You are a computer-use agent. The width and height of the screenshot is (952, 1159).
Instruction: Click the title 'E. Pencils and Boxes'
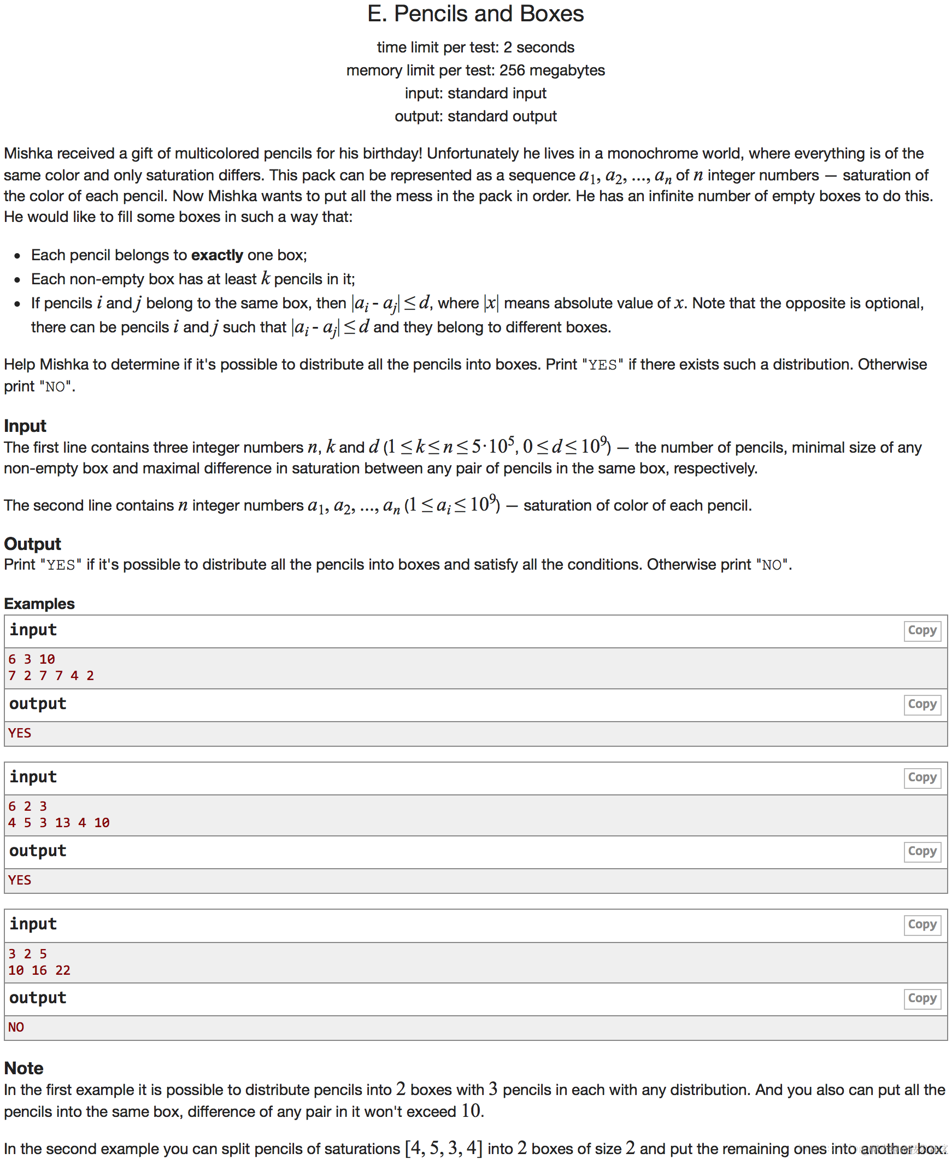pos(475,14)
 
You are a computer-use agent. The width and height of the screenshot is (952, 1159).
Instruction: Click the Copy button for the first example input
pos(922,630)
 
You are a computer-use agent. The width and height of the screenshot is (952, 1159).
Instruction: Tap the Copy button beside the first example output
pos(922,704)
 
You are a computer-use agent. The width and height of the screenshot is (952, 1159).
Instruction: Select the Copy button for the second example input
pos(922,777)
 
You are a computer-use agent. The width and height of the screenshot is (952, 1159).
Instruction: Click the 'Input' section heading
pos(25,426)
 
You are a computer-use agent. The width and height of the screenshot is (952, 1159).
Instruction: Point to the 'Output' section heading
pos(32,543)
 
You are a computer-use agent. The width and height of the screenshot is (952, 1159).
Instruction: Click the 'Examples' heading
pos(39,604)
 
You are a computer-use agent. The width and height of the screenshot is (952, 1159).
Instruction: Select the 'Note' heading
pos(23,1068)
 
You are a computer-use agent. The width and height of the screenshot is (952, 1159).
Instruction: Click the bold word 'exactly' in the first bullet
pos(216,255)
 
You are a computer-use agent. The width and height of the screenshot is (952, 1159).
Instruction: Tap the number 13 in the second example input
pos(62,823)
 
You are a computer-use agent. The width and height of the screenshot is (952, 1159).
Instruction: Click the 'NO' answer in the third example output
pos(16,1027)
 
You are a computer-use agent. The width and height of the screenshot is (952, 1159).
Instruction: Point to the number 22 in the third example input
pos(62,970)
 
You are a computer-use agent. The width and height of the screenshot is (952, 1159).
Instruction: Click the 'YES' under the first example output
pos(20,733)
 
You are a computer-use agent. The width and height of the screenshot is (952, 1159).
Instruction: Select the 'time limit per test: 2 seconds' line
pos(475,47)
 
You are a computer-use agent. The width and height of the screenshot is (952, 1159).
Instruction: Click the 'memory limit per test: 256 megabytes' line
pos(475,70)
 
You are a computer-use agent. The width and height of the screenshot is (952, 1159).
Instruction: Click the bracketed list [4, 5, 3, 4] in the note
pos(444,1148)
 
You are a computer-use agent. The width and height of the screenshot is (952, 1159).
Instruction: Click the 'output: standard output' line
pos(475,116)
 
